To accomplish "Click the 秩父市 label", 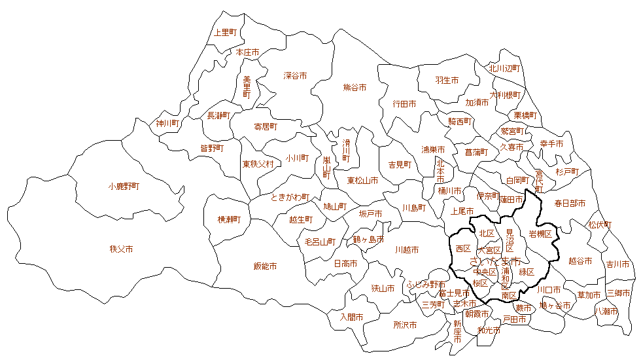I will pos(122,249).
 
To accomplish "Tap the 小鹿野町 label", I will pos(124,186).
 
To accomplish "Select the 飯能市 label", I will pos(265,266).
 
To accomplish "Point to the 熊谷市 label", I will pos(355,87).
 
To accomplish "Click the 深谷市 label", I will pos(295,75).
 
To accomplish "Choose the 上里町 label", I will pos(226,31).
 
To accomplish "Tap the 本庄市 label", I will pos(247,52).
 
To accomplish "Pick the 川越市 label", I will pos(407,250).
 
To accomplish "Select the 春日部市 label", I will pos(570,203).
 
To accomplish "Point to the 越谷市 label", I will pos(580,261).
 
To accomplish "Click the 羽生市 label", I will pos(447,81).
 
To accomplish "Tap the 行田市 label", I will pos(404,103).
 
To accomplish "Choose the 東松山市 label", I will pos(362,180).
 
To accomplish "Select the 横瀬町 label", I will pos(230,219).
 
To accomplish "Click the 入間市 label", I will pos(351,317).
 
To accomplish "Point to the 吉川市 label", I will pos(617,264).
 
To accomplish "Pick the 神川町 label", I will pos(167,122).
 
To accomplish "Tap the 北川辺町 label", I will pos(504,68).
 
